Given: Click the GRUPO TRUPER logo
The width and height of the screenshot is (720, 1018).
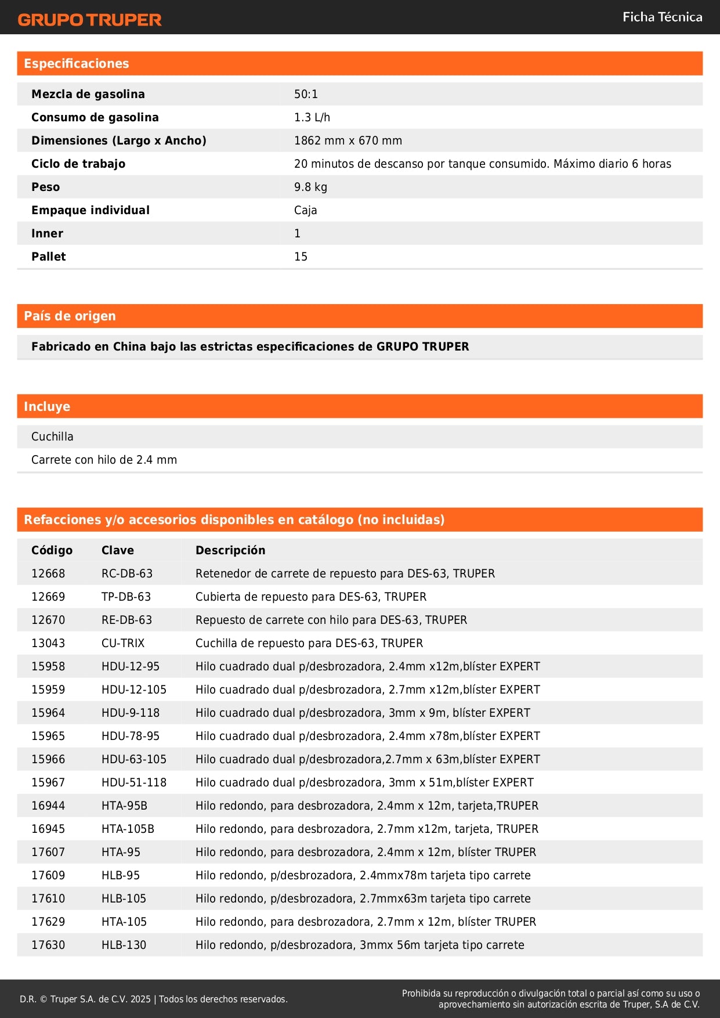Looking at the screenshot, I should pos(89,20).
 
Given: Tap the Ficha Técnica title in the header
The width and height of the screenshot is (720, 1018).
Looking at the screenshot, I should pos(662,17).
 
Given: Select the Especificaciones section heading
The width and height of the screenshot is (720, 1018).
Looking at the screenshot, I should pos(77,64).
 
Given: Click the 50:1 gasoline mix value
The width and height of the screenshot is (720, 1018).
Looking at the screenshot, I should pos(306,94).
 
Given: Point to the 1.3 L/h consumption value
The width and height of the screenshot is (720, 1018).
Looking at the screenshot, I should pos(312,117).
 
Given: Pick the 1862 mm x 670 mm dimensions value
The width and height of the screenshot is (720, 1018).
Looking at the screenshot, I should pos(348,140).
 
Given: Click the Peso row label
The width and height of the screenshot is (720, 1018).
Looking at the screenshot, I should pos(46,187).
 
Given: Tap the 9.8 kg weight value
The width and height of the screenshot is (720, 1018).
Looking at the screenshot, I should pos(310,187).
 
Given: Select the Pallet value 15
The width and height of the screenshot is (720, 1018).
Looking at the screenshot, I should pos(301,257).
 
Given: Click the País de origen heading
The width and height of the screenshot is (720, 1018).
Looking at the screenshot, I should pos(70,316).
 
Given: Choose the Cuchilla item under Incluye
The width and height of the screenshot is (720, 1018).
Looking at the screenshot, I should pos(52,436).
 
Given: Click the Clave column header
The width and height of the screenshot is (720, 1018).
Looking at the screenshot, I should pos(118,550).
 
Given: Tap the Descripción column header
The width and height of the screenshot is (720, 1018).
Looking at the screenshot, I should pos(230,550).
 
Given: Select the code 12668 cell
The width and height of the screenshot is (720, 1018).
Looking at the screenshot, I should pos(48,573).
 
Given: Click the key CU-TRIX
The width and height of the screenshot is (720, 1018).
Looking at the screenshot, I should pos(123,643).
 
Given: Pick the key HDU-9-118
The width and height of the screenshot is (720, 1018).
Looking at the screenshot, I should pos(131,713).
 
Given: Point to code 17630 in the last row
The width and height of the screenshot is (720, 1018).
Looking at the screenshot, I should pos(48,945).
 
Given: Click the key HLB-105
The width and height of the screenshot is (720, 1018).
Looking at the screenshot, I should pos(124,898).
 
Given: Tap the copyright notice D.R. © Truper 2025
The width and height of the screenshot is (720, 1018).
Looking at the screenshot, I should pos(154,999).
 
